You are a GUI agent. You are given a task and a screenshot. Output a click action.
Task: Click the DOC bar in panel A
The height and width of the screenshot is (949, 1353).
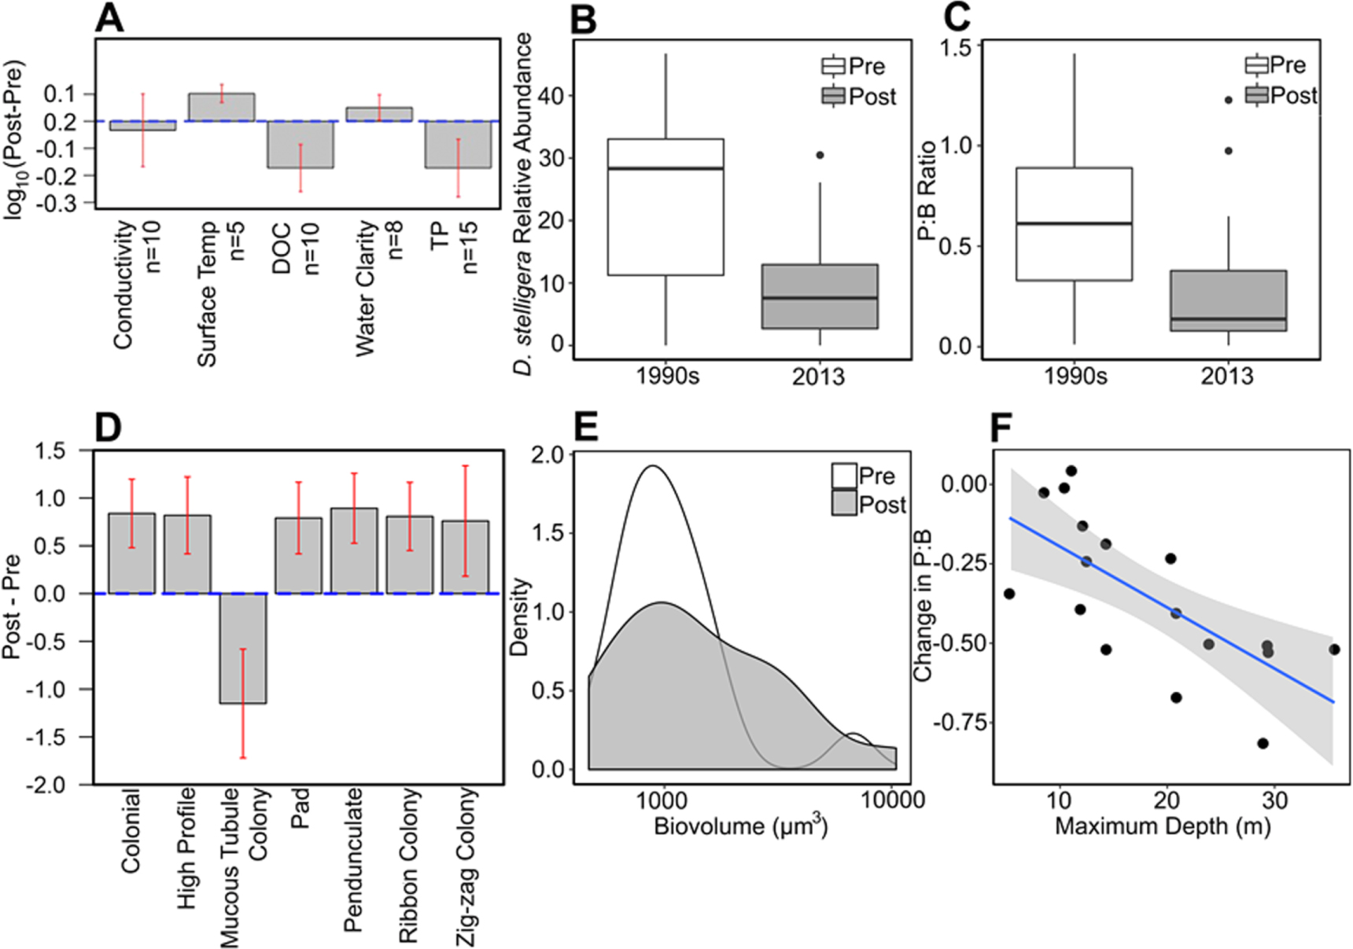click(x=300, y=145)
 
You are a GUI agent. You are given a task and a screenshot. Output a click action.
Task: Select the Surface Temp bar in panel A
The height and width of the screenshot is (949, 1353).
click(x=221, y=107)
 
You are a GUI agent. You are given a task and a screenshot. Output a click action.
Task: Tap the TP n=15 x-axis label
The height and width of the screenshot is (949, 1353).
click(x=455, y=248)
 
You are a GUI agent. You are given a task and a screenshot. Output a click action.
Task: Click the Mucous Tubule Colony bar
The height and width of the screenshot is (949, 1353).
click(x=243, y=649)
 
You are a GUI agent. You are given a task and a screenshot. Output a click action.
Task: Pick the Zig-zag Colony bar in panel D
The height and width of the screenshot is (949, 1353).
click(x=465, y=557)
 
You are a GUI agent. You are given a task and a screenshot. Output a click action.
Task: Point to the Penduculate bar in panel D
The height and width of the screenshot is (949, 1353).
click(x=354, y=551)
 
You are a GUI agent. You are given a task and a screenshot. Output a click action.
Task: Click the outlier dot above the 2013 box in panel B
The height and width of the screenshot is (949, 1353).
click(x=820, y=156)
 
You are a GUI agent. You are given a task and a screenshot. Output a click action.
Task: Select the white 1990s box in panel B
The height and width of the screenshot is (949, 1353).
click(x=665, y=208)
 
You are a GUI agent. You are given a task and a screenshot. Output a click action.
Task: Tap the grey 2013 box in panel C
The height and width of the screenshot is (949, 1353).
click(x=1228, y=301)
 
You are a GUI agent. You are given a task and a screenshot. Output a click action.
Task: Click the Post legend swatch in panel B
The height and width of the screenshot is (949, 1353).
click(x=833, y=97)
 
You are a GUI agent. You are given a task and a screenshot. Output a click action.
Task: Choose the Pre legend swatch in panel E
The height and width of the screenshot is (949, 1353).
click(x=844, y=476)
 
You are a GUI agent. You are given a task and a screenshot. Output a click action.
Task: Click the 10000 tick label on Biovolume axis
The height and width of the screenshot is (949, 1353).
click(x=892, y=800)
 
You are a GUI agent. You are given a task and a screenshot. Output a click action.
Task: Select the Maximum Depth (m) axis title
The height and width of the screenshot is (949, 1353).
click(x=1163, y=826)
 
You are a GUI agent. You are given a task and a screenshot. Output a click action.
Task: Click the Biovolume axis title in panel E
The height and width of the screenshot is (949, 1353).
click(x=740, y=826)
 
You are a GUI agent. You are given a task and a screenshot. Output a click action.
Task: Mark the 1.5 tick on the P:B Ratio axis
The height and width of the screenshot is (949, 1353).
click(x=956, y=46)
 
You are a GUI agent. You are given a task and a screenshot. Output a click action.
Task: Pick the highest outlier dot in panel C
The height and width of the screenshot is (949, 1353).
click(x=1228, y=100)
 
